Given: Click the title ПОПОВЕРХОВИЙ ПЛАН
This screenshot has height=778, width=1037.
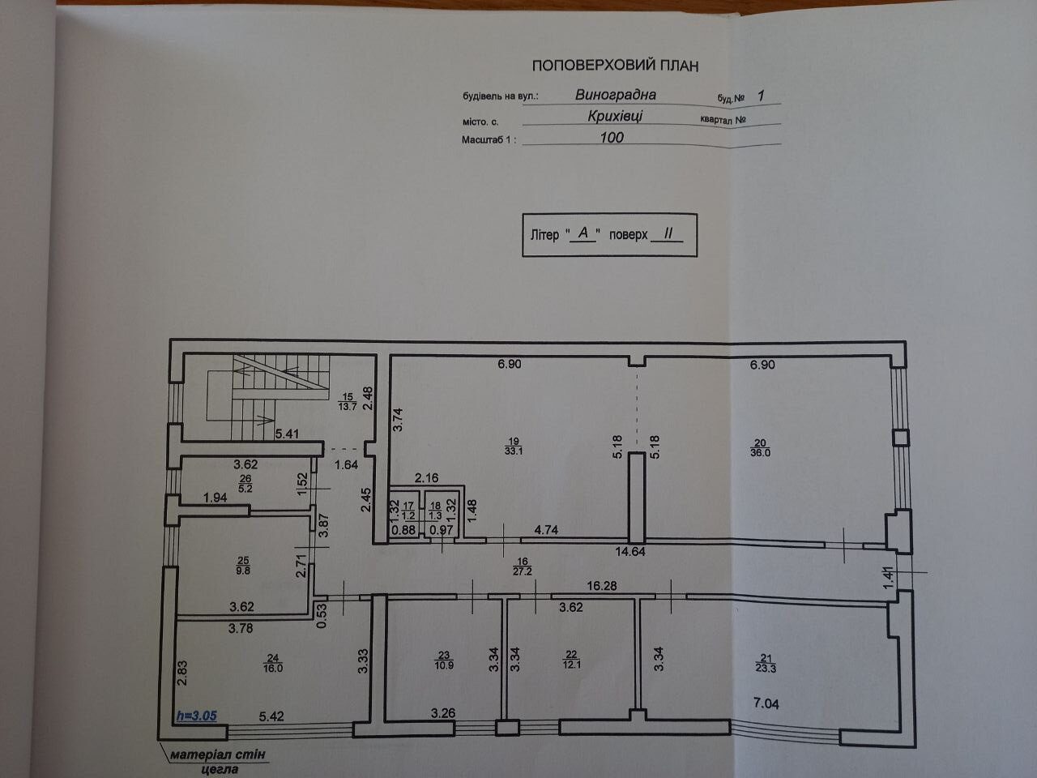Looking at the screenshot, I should [x=614, y=66].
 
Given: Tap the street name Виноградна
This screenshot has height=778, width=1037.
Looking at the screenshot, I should [x=616, y=94].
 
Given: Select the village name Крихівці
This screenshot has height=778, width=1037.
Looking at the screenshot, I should [x=616, y=115].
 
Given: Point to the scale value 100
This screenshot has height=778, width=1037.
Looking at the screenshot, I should [x=612, y=138].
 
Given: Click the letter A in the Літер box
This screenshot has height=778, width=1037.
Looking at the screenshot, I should [x=583, y=233].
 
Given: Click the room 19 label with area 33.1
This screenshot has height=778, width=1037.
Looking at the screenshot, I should [x=513, y=446].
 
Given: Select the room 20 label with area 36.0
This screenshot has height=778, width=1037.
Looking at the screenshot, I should [x=760, y=447].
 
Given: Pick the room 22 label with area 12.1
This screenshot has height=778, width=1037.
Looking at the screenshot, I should [x=572, y=659].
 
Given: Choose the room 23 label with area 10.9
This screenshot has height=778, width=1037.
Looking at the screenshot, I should [x=443, y=659].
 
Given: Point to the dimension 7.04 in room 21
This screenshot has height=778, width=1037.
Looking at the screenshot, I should [x=765, y=703].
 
